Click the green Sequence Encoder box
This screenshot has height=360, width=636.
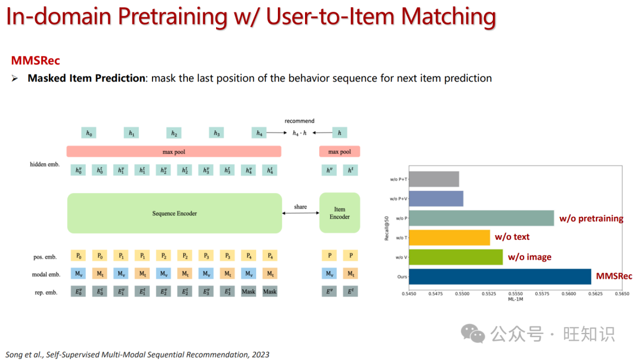click(174, 213)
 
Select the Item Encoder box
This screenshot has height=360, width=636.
click(339, 213)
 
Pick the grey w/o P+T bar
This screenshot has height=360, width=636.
click(433, 179)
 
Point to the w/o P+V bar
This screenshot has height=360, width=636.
click(436, 199)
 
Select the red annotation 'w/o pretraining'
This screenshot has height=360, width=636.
click(591, 219)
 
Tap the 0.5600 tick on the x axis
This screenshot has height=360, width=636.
click(569, 293)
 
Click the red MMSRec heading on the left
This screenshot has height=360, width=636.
click(35, 60)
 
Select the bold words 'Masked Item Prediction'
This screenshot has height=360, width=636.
click(87, 78)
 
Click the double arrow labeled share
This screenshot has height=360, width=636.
click(300, 212)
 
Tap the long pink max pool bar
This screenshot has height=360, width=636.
click(174, 151)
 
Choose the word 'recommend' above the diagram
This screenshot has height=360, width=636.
click(300, 121)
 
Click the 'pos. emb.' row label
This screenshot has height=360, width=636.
click(45, 256)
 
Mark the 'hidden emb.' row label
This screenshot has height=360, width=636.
click(45, 164)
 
